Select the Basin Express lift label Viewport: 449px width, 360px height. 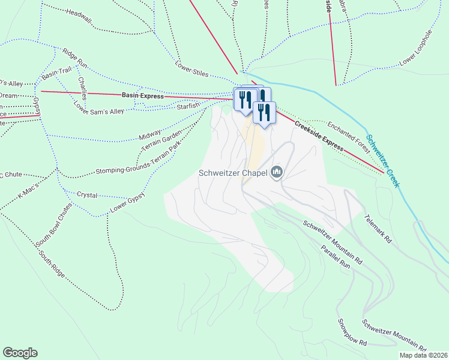142,95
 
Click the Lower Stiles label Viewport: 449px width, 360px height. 191,70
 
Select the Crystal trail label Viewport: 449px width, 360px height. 87,195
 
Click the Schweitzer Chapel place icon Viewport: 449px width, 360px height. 277,173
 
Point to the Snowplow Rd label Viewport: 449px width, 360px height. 352,332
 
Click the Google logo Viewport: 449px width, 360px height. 20,353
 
